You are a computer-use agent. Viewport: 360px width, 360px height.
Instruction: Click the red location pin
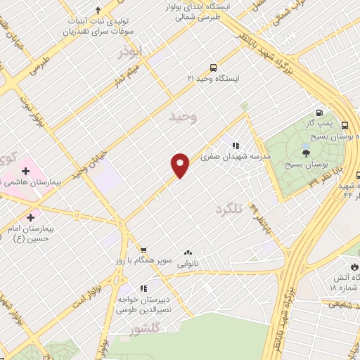pos(181,165)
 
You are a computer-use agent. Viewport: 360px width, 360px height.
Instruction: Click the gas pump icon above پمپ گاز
pos(319,112)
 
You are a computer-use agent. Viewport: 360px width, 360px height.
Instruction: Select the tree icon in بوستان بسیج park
pos(305,153)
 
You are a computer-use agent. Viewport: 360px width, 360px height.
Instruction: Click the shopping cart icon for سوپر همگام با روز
pos(143,249)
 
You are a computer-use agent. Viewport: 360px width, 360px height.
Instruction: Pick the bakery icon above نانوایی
pos(188,253)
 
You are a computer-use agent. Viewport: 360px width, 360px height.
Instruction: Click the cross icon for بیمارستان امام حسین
pos(30,218)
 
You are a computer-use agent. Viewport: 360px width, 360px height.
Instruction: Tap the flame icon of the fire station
pos(354,267)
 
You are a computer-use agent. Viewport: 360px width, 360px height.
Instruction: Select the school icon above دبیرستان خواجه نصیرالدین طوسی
pos(143,288)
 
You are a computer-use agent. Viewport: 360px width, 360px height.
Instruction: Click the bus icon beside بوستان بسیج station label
pos(344,125)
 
